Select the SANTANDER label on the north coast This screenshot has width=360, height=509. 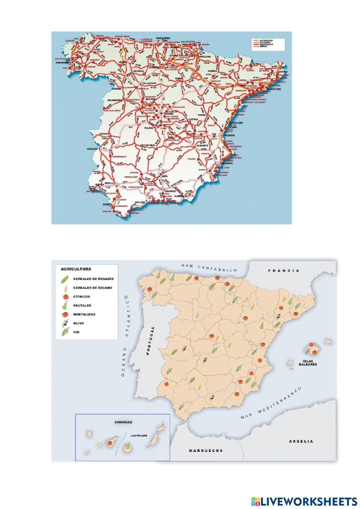click(163, 37)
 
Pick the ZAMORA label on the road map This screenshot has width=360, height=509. click(117, 88)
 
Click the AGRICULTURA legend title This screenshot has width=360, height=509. click(76, 269)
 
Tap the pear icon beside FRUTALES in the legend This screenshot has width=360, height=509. click(65, 305)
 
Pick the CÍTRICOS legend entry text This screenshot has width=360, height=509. click(81, 296)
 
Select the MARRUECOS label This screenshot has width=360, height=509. click(206, 450)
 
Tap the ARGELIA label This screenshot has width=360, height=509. click(301, 441)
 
